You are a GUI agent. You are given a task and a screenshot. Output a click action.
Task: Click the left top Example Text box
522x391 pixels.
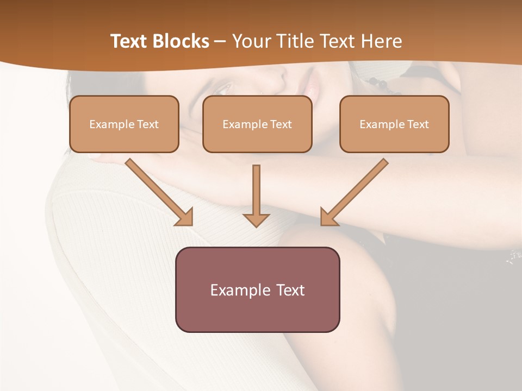(x=124, y=124)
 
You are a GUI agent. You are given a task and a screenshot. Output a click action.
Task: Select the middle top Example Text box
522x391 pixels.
(x=257, y=124)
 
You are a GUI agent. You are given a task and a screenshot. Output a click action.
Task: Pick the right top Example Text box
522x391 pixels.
(x=394, y=124)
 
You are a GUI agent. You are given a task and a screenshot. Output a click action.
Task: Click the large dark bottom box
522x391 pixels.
(x=257, y=289)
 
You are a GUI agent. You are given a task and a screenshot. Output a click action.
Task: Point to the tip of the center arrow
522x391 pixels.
(x=256, y=225)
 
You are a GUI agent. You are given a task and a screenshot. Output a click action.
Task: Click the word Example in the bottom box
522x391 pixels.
(x=240, y=290)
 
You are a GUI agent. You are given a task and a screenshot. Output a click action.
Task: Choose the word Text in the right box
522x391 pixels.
(x=418, y=124)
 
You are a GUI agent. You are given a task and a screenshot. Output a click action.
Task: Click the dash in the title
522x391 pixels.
(x=220, y=41)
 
